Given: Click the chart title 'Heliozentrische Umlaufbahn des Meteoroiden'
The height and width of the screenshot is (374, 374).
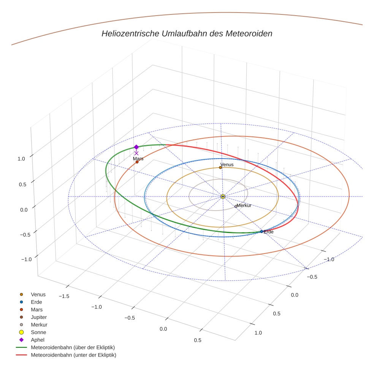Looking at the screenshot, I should point(187,33).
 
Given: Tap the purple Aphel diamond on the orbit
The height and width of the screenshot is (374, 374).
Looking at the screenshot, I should point(136,147).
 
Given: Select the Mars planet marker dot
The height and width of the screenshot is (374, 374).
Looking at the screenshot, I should point(137,162).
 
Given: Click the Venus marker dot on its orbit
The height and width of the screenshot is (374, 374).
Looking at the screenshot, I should point(220,167).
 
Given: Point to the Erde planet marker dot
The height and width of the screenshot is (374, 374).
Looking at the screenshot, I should point(261,231).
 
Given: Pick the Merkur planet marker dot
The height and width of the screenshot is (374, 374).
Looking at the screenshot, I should point(236,206).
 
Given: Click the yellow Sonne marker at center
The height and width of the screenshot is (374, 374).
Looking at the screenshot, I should point(223,197).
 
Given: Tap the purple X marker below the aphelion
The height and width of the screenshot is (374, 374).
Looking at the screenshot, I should point(136,153).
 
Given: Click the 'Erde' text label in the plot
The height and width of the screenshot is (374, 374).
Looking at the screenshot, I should point(268,232).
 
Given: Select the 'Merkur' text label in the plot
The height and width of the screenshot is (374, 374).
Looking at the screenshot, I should point(244,206).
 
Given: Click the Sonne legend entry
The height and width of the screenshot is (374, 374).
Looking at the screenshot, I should point(38,332).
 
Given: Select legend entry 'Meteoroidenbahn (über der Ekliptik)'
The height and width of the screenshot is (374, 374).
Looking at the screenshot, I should point(73,347).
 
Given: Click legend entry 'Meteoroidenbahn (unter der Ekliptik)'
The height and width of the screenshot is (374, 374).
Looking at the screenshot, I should point(73,355).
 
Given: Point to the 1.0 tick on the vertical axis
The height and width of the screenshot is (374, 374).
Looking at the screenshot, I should point(22,159).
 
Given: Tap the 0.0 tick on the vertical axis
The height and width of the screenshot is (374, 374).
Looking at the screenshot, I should point(24,210).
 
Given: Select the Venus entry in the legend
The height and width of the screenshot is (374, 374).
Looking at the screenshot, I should point(38,294).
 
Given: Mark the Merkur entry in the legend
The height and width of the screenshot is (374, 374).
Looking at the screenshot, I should point(39,325).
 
